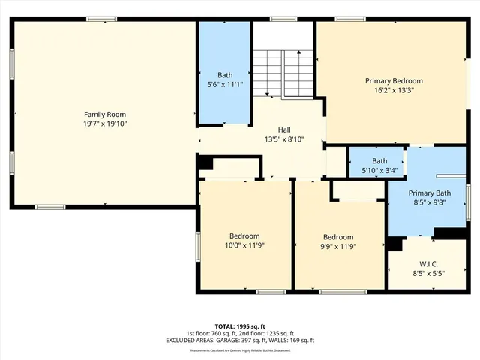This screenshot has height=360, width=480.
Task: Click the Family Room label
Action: [x=105, y=114]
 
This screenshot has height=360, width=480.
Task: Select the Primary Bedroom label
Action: [x=394, y=81]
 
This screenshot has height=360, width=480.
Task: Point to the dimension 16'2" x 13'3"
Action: [x=394, y=90]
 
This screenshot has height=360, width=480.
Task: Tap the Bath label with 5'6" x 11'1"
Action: [x=225, y=75]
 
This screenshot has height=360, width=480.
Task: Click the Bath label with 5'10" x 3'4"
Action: [x=379, y=161]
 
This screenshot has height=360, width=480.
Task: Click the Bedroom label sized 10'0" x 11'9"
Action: [x=244, y=235]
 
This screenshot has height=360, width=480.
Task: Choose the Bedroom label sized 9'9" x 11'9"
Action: [x=338, y=235]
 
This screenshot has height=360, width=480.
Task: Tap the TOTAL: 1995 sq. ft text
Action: [x=239, y=326]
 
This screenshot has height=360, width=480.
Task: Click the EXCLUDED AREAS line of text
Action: [x=239, y=340]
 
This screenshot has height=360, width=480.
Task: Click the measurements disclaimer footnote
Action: [x=239, y=350]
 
